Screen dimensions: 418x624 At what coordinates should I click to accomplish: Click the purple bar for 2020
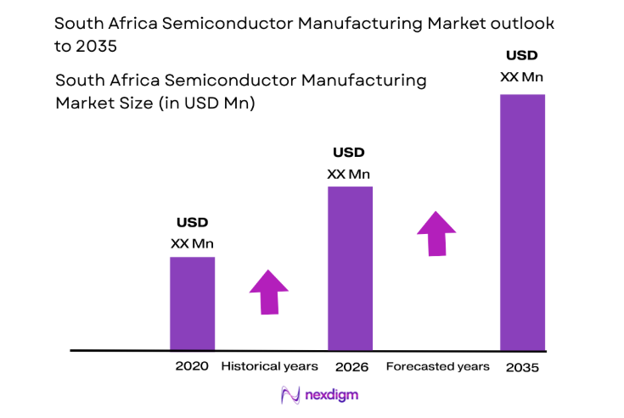[x=192, y=303]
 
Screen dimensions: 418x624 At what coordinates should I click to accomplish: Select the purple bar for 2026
[x=350, y=268]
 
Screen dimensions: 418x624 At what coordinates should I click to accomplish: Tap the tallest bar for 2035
[x=522, y=222]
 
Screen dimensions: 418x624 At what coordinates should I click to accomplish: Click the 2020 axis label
[x=192, y=366]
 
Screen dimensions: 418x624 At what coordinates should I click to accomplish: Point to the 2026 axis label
[x=350, y=366]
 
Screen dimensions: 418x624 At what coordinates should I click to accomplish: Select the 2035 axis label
[x=522, y=368]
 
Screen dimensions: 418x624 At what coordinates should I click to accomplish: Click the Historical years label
[x=269, y=366]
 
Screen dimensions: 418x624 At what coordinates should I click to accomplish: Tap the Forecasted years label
[x=437, y=366]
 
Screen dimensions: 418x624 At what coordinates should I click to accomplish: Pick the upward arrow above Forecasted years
[x=436, y=232]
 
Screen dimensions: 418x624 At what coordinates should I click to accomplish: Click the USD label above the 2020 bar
[x=192, y=223]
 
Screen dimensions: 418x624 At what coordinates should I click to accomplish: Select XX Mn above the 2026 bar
[x=349, y=175]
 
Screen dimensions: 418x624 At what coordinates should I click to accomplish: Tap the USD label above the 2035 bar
[x=521, y=56]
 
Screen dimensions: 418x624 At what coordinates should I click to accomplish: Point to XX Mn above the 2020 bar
[x=192, y=243]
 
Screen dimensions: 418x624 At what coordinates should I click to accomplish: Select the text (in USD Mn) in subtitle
[x=215, y=103]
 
